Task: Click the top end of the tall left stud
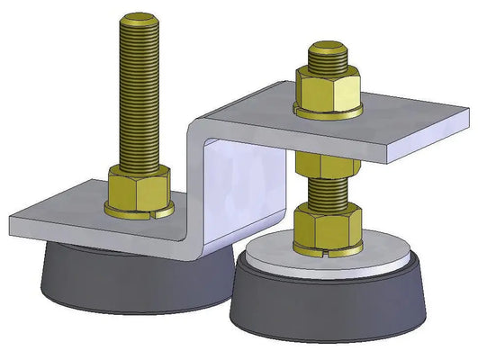(x=141, y=19)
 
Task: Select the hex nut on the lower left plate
(x=139, y=187)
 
